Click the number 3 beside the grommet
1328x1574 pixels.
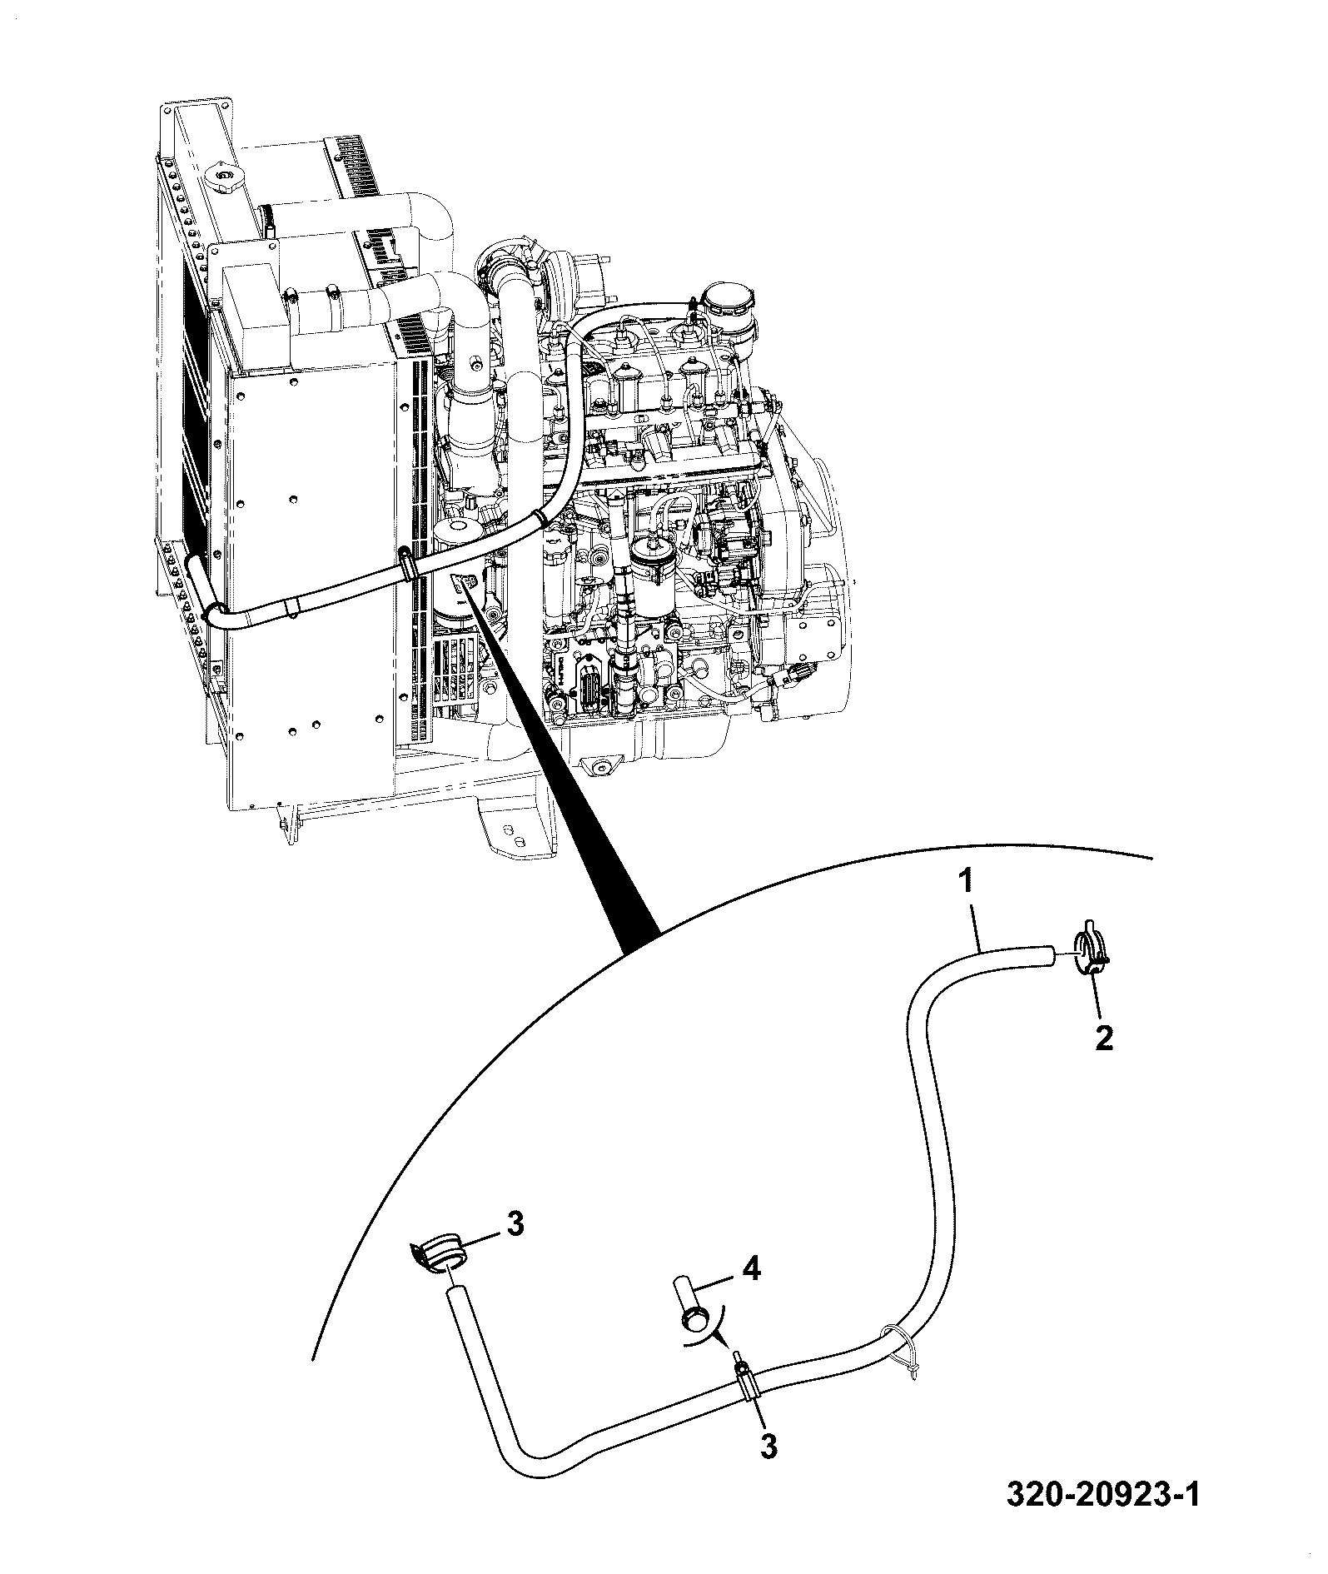click(x=515, y=1223)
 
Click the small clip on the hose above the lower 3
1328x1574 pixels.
click(x=746, y=1382)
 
